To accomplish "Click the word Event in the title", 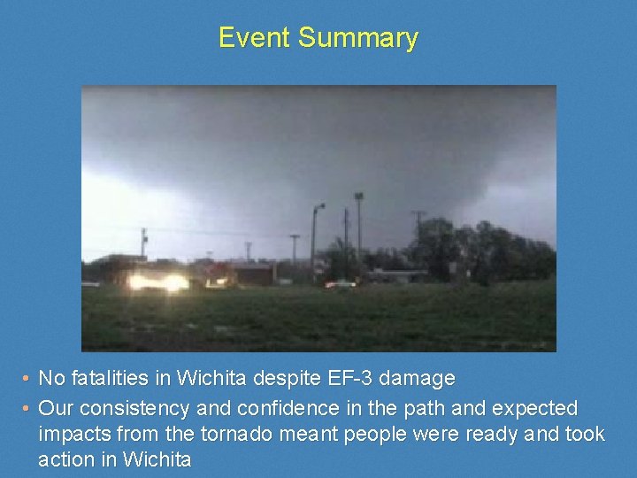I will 255,38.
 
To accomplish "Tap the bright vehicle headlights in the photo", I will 159,281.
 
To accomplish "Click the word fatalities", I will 109,379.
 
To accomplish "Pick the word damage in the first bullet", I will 416,379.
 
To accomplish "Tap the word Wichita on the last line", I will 157,460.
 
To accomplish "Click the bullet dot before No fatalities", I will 27,380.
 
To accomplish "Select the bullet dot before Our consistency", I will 27,410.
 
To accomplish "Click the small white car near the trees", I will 341,284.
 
